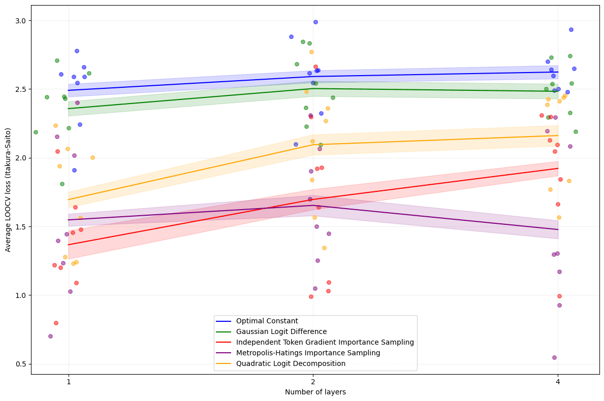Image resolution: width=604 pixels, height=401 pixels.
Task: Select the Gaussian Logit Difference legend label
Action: point(281,331)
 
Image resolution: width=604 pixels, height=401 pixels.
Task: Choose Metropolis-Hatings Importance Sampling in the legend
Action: point(308,353)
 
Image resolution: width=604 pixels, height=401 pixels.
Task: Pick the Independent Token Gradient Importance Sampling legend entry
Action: point(325,342)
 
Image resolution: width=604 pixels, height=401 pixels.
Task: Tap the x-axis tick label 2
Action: point(313,382)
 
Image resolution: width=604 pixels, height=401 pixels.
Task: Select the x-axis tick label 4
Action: point(558,382)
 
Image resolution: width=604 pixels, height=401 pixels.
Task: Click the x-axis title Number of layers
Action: point(315,392)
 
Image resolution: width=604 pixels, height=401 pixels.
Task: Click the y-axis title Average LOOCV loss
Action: point(8,190)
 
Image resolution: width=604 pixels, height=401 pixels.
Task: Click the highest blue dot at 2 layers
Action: point(315,22)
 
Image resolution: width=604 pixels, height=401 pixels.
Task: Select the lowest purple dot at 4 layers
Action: point(554,357)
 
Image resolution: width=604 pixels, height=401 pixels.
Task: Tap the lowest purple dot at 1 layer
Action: point(50,336)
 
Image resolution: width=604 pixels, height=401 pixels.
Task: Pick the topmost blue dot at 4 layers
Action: point(571,29)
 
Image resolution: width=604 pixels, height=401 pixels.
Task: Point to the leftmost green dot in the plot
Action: point(36,132)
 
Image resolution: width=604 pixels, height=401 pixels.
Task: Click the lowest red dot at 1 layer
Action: point(56,323)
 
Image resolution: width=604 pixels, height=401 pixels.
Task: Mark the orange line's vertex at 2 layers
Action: point(313,145)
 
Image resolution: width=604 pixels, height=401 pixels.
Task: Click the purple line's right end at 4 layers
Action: point(558,229)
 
